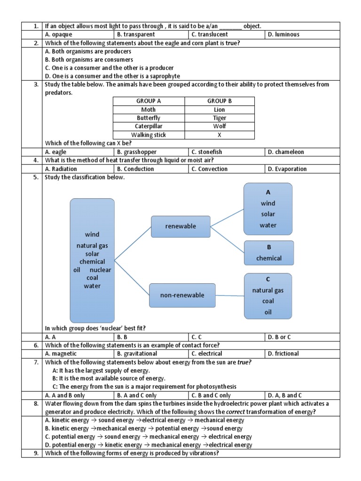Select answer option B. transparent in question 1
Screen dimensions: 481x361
[x=136, y=34]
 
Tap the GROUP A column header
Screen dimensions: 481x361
[x=149, y=101]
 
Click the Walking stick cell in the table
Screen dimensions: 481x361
[x=149, y=135]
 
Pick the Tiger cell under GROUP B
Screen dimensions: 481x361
[x=219, y=118]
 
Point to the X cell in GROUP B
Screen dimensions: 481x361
[x=219, y=135]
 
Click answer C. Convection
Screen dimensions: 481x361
[x=210, y=169]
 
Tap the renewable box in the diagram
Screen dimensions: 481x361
[x=180, y=226]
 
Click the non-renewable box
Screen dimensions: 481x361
[x=183, y=295]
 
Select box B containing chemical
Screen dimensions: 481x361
[x=269, y=253]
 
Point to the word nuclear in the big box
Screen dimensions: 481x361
[x=101, y=270]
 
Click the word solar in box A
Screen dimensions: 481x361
[x=268, y=214]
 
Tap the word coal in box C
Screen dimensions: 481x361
[x=268, y=301]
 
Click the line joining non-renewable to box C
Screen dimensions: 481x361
[x=230, y=295]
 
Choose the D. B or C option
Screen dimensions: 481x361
[x=279, y=337]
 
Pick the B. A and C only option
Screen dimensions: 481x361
[x=137, y=395]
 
